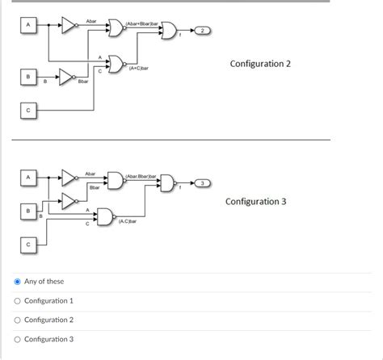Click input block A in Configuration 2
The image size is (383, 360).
[29, 26]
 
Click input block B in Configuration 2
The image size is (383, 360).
[29, 76]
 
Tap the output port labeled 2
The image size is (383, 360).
[204, 31]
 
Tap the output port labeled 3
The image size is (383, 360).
[204, 184]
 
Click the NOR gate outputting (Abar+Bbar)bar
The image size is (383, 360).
[116, 29]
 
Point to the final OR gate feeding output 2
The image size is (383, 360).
[169, 31]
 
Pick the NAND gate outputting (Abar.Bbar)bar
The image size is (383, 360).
[116, 182]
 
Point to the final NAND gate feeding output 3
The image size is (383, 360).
[167, 184]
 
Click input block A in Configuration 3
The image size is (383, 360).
[29, 176]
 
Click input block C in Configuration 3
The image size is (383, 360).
[29, 241]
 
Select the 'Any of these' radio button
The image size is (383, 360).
[17, 282]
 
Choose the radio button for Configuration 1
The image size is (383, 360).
[17, 301]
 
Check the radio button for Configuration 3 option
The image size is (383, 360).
[17, 339]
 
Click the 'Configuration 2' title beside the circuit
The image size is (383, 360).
[259, 63]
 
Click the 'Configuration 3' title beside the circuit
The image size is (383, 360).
[255, 201]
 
